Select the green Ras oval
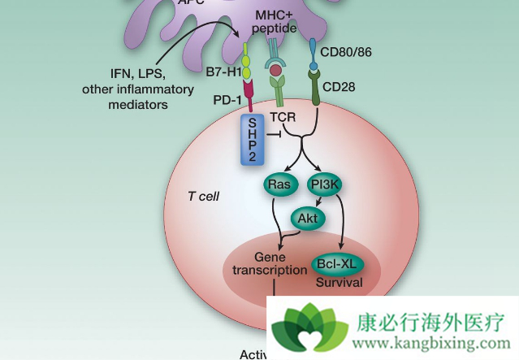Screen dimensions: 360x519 pyautogui.click(x=279, y=184)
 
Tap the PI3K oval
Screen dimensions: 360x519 pyautogui.click(x=326, y=184)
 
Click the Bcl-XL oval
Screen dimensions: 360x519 pyautogui.click(x=336, y=264)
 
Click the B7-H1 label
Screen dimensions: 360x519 pyautogui.click(x=218, y=72)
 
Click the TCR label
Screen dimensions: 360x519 pyautogui.click(x=283, y=117)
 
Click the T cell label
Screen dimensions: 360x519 pyautogui.click(x=204, y=197)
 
